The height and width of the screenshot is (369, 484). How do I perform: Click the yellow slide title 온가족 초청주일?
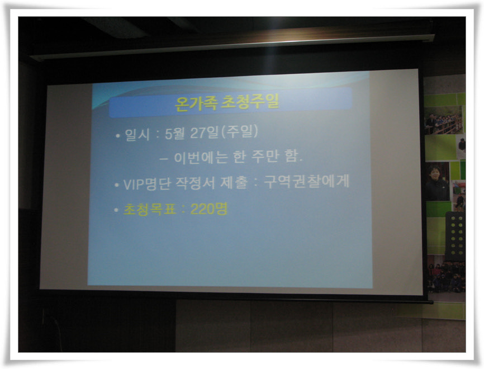coord(227,102)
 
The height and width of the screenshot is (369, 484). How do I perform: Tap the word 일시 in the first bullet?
coord(137,135)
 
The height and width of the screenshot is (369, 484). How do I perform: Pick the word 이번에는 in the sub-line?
coord(201,158)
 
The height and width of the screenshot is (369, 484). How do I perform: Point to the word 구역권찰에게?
coord(306,181)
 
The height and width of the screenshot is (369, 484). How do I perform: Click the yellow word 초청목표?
coord(150,210)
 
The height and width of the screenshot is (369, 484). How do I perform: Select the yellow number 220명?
coord(209,209)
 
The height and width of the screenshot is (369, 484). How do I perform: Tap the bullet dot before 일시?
coord(117,135)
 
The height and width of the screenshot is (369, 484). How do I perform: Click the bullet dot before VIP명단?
coord(116,185)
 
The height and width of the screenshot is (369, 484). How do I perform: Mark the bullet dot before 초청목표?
coord(116,210)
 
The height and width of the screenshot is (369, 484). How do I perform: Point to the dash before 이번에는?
coord(164,159)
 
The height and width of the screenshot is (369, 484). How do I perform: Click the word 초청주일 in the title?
coord(250,101)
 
